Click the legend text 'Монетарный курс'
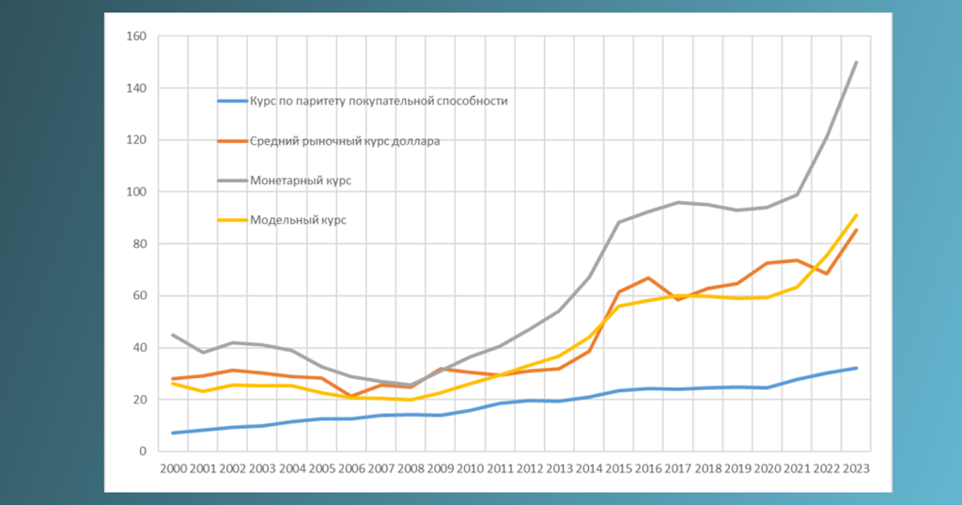301,181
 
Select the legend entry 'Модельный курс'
298,220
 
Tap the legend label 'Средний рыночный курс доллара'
345,141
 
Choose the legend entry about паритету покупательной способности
379,102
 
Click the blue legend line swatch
233,102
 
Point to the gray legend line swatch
233,181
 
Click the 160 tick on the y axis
136,37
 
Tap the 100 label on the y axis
136,192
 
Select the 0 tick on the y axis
143,451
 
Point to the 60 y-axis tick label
139,296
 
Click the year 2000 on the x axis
174,468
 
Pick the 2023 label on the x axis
857,468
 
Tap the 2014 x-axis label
589,468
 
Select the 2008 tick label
411,468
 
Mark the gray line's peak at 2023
857,62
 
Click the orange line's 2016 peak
648,278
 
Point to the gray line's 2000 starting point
174,335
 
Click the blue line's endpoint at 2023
857,368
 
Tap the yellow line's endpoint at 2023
857,215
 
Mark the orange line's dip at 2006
351,396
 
